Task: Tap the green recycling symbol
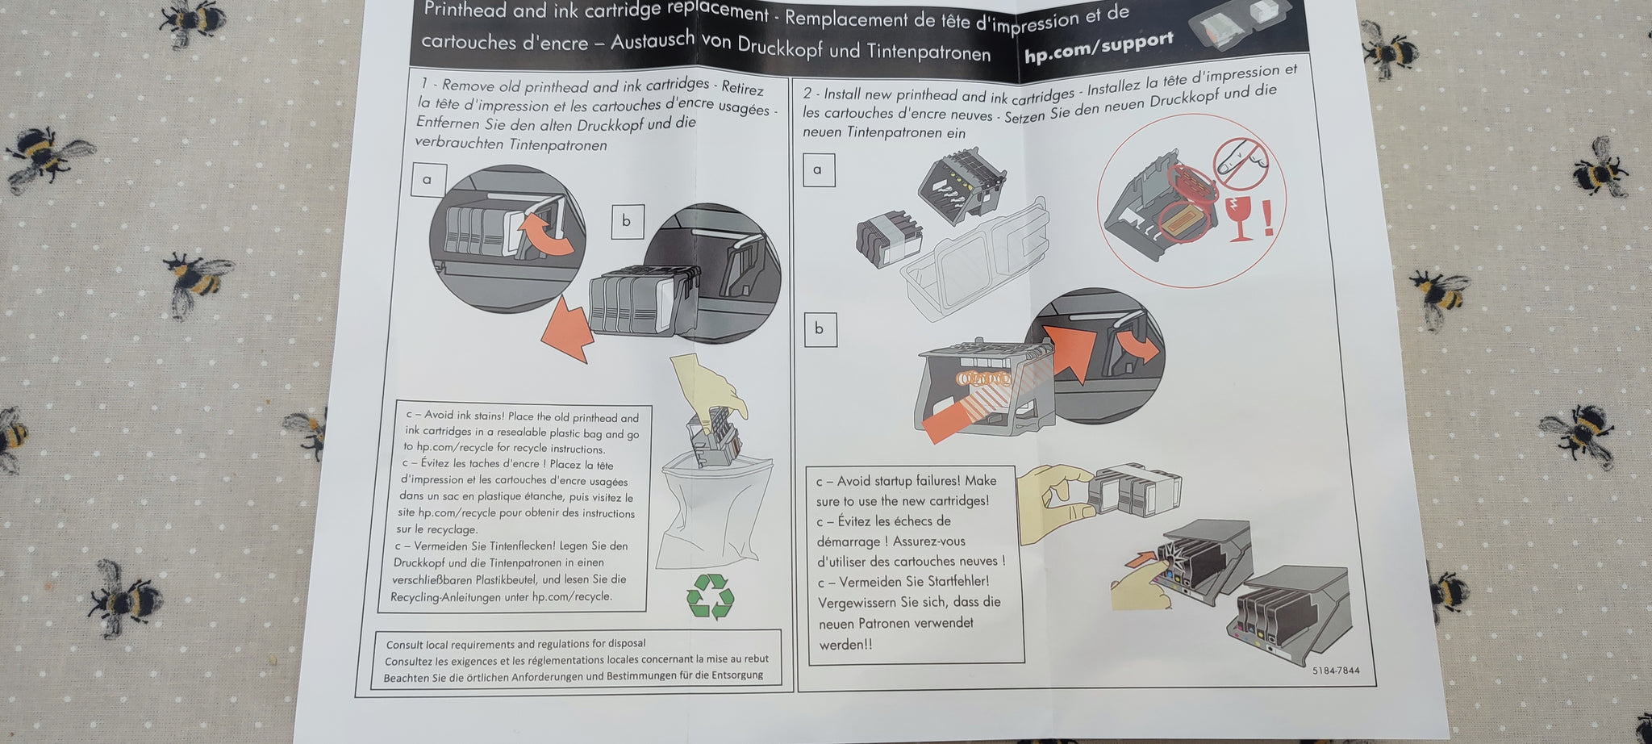tap(710, 596)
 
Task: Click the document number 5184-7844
tap(1336, 671)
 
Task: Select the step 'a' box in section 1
tap(428, 179)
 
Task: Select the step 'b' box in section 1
tap(627, 221)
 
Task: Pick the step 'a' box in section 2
tap(818, 169)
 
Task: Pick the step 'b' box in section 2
tap(820, 329)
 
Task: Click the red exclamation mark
tap(1268, 219)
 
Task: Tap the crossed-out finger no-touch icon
tap(1241, 161)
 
